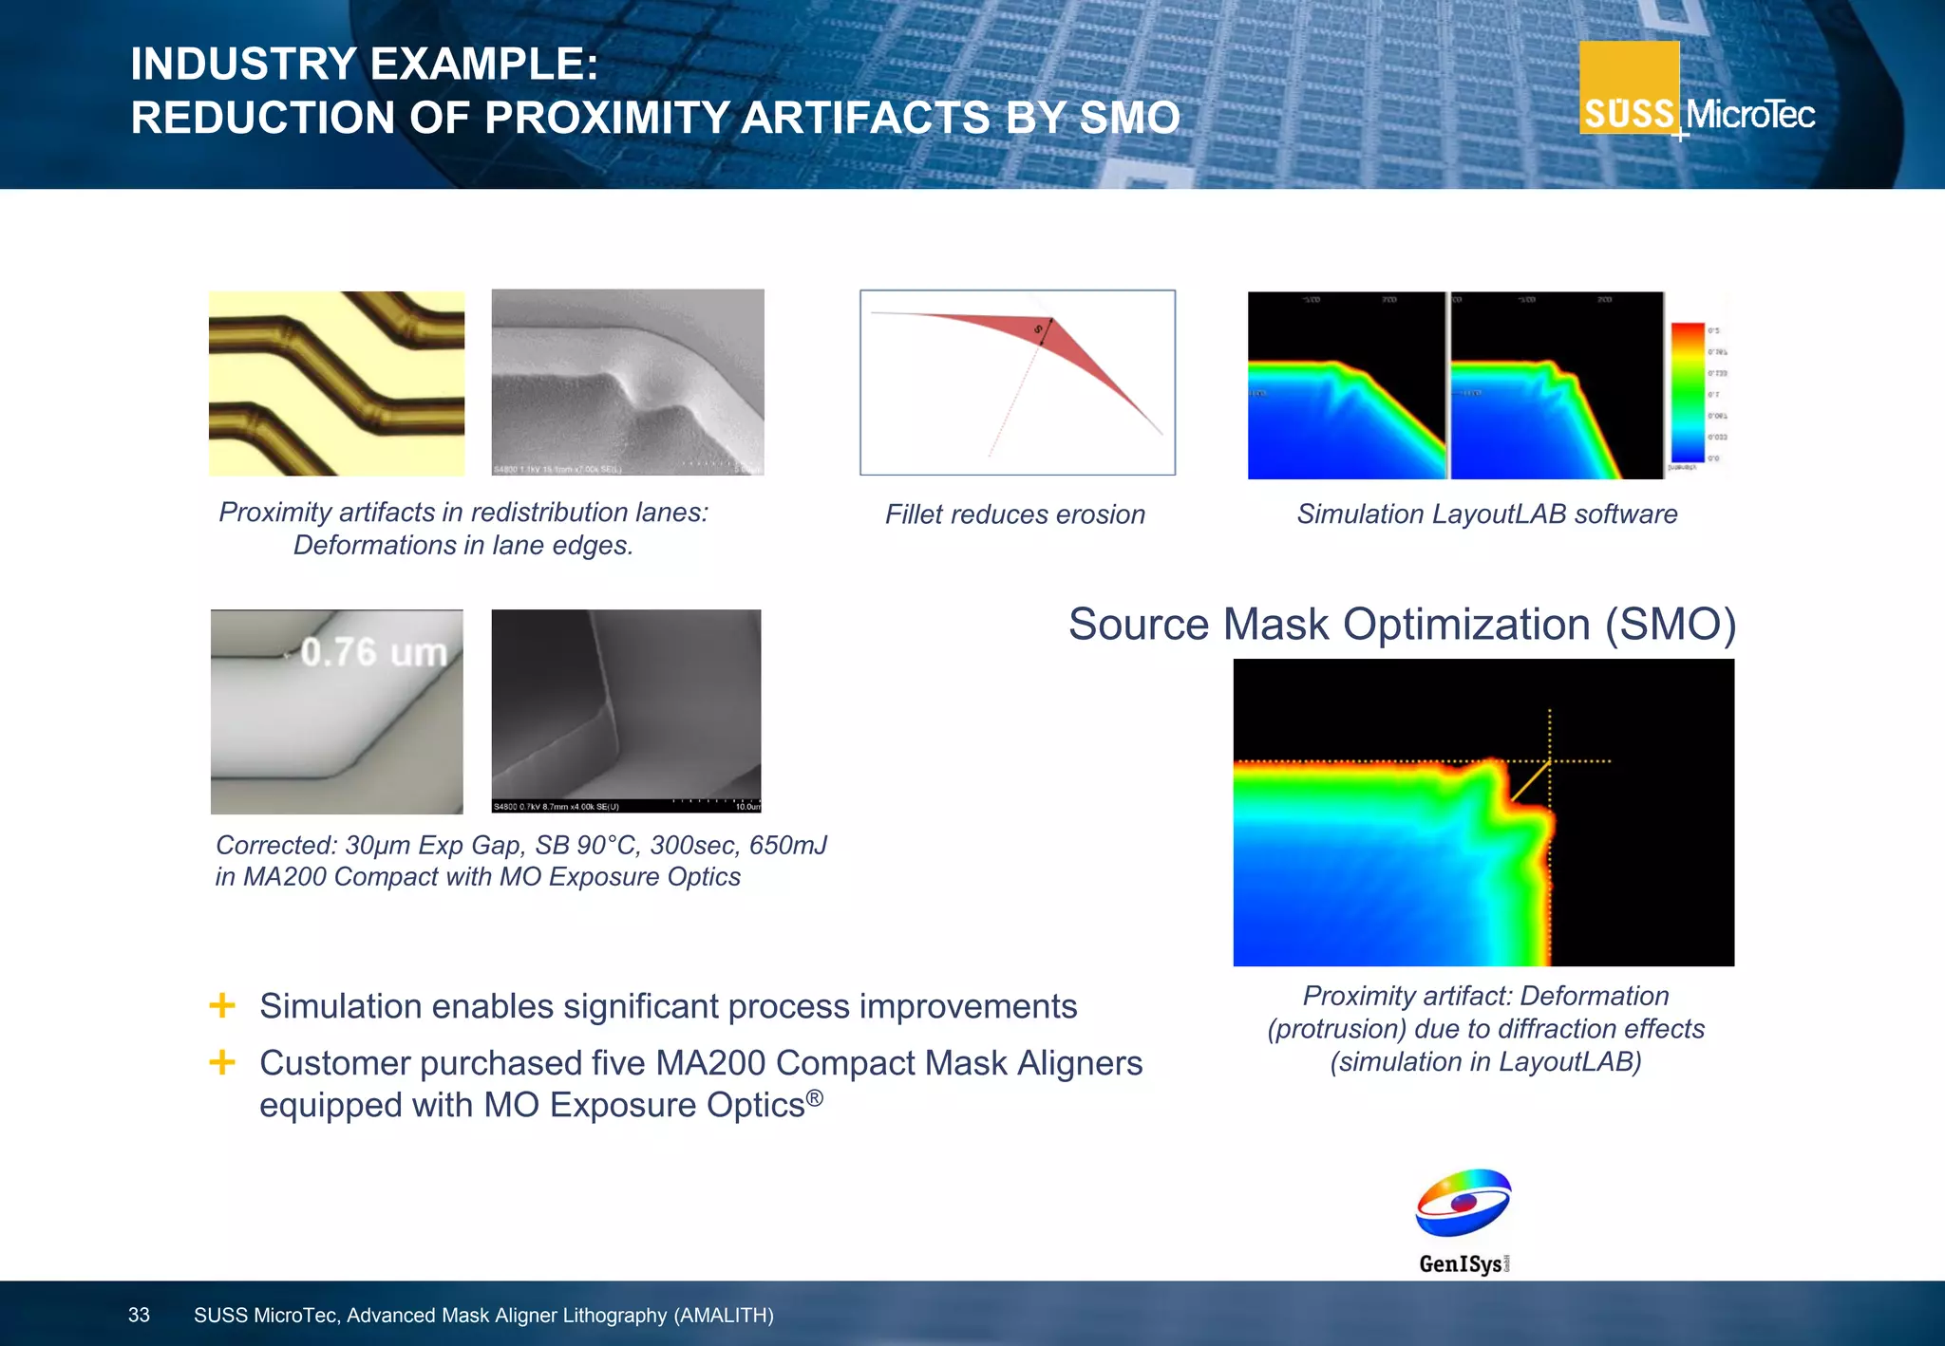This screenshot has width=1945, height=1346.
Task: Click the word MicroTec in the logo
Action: (1750, 115)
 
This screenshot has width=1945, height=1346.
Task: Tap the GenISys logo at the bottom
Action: (1463, 1221)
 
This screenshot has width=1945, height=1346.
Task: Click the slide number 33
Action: (139, 1315)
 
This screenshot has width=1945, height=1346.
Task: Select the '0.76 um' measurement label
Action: (373, 652)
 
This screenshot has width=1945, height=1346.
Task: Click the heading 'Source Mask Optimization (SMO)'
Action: (1402, 625)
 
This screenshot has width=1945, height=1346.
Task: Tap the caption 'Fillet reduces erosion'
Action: (1014, 514)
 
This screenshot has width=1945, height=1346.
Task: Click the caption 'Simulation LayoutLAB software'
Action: (1486, 514)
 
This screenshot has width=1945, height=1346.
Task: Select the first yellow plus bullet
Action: (222, 1005)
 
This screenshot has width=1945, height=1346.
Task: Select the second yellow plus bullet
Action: (222, 1062)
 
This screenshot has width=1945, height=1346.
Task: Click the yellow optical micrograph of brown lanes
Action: (336, 383)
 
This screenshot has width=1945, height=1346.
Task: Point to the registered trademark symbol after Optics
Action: (815, 1098)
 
